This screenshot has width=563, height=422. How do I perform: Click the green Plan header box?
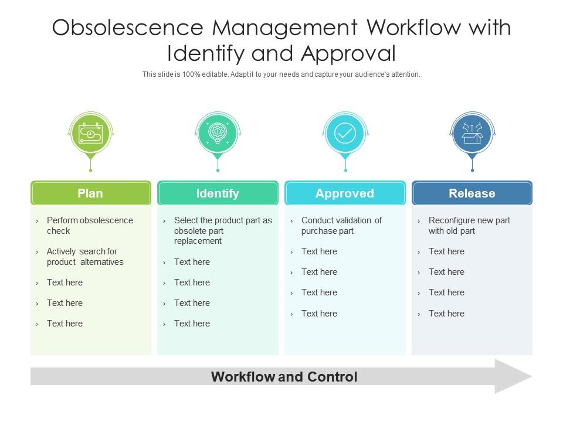click(90, 193)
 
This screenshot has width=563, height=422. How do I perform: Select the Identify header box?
click(218, 193)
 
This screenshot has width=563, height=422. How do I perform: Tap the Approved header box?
click(345, 193)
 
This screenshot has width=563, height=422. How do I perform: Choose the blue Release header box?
click(472, 193)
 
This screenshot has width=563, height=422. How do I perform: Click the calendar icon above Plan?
click(90, 134)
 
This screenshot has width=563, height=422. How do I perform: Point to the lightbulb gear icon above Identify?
click(218, 134)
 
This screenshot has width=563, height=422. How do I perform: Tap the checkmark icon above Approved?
click(345, 134)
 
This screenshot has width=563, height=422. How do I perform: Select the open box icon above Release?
click(472, 134)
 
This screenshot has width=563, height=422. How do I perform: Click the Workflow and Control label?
click(284, 377)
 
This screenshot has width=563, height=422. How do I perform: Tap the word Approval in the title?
click(349, 53)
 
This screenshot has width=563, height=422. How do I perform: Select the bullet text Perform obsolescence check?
click(90, 226)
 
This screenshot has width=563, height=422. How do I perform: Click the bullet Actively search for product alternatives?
click(85, 257)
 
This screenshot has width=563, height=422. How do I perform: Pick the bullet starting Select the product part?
click(223, 230)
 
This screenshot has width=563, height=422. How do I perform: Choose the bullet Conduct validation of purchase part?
click(341, 226)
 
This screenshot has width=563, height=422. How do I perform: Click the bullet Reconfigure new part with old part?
click(469, 226)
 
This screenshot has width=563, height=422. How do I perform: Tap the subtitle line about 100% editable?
click(281, 74)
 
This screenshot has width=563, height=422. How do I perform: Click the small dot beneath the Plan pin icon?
click(90, 171)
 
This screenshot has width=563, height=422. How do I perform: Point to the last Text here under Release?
click(446, 314)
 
